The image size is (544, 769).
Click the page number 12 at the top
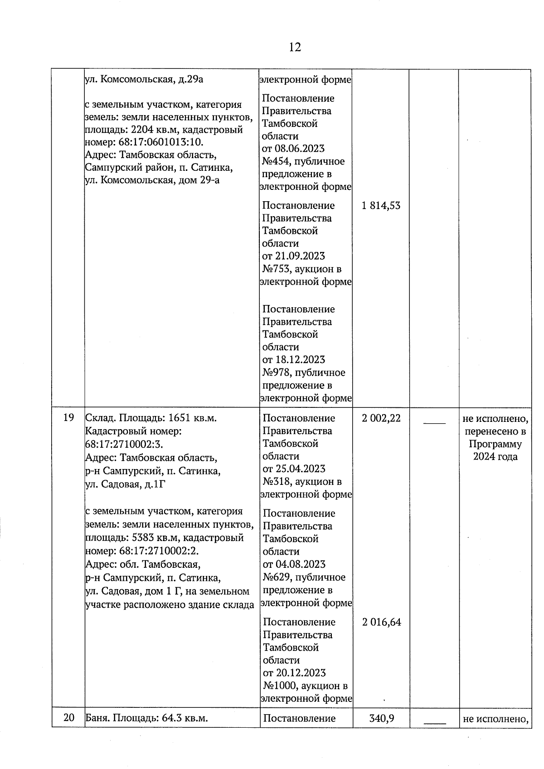tap(295, 47)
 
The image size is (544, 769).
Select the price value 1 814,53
tap(381, 206)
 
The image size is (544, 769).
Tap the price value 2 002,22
tap(381, 418)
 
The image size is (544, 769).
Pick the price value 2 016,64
tap(382, 622)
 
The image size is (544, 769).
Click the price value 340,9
tap(382, 718)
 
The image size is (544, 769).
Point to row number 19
tap(68, 418)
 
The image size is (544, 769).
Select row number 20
tap(68, 718)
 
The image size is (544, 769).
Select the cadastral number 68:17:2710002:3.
tap(124, 445)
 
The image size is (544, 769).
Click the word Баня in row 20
tap(97, 718)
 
